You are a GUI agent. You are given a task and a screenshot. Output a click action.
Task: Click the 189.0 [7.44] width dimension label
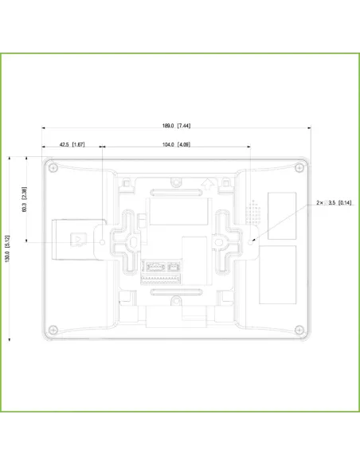tap(176, 125)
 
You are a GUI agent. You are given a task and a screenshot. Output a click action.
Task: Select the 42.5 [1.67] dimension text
tap(72, 145)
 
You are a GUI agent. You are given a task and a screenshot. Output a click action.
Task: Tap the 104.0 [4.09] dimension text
tap(176, 145)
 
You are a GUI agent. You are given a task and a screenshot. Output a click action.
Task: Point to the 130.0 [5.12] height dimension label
tap(7, 249)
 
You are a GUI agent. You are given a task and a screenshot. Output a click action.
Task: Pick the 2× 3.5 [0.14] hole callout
tap(334, 204)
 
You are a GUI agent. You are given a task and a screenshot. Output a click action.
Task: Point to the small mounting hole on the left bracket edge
tap(103, 238)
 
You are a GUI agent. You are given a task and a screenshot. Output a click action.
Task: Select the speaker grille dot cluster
tap(254, 210)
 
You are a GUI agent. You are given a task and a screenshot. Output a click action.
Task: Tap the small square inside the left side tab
tap(78, 238)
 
